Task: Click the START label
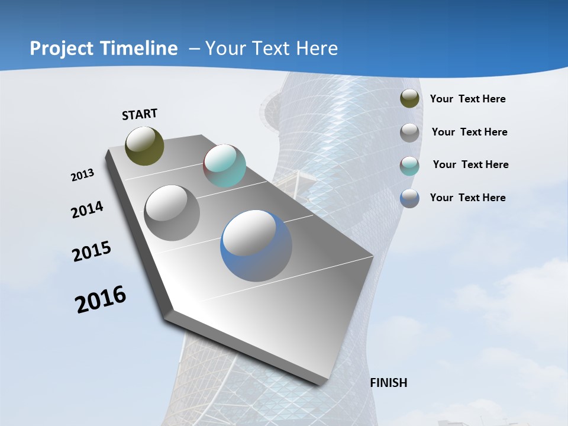pos(140,114)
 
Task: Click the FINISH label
pos(389,383)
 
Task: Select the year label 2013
pos(82,175)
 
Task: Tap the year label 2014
pos(87,209)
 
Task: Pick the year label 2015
pos(92,251)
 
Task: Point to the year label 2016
pos(101,299)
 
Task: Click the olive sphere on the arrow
pos(144,146)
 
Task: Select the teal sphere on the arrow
pos(224,166)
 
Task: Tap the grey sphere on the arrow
pos(172,213)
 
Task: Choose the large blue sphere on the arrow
pos(256,246)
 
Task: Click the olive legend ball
pos(409,99)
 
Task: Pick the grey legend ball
pos(409,132)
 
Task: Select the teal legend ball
pos(409,165)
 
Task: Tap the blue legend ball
pos(409,198)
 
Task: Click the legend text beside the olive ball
pos(467,99)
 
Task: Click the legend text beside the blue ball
pos(467,198)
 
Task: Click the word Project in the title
pos(60,49)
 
